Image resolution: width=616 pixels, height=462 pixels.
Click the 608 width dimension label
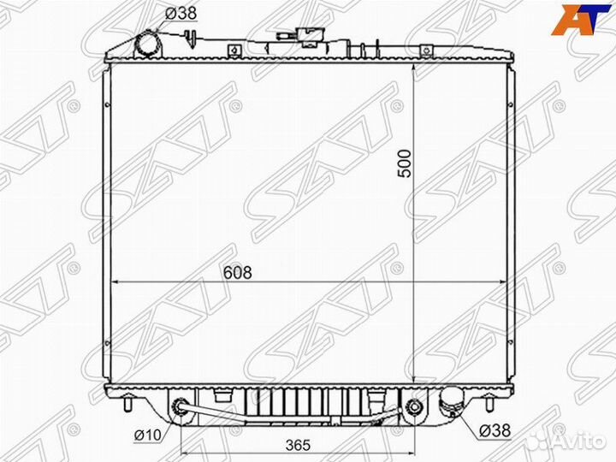tap(237, 272)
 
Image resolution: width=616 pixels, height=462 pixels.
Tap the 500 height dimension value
tap(404, 163)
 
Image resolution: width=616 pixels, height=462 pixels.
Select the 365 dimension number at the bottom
tap(298, 445)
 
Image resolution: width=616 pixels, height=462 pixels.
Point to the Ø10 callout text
tap(148, 435)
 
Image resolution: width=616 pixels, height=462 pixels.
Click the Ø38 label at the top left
tap(181, 14)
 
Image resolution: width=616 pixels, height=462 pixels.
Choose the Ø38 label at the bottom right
tap(495, 430)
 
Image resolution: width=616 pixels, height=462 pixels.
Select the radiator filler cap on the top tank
tap(309, 37)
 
